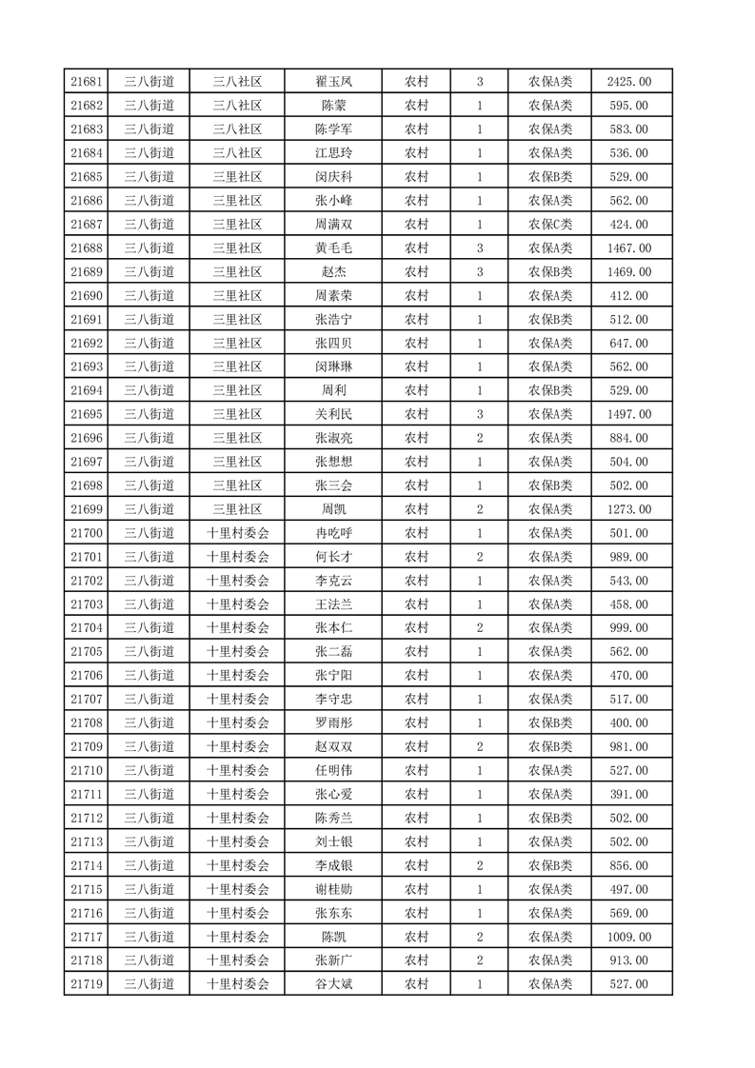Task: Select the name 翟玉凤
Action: click(x=333, y=82)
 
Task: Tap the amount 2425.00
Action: click(x=628, y=82)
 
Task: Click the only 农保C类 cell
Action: click(x=550, y=225)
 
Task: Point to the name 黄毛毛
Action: click(x=333, y=248)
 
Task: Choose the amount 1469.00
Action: click(x=628, y=272)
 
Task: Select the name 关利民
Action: click(x=333, y=414)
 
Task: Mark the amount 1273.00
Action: click(x=628, y=509)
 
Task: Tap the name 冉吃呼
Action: click(x=333, y=533)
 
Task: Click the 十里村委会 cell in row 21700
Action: click(x=238, y=533)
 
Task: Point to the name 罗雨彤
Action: click(x=333, y=723)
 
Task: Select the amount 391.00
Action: click(x=628, y=795)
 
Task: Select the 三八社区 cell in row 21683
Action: click(x=238, y=129)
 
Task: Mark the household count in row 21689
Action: click(x=479, y=272)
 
